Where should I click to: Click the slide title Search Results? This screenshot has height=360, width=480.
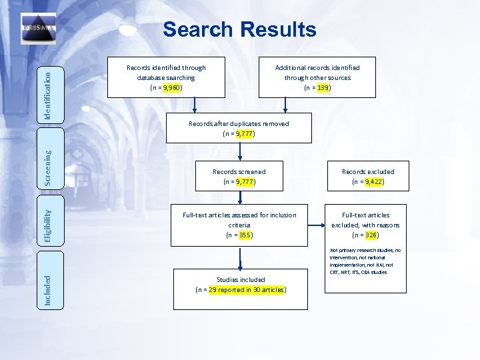click(239, 29)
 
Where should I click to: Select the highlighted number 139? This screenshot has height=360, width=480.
click(323, 87)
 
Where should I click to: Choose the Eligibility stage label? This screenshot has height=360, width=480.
click(47, 224)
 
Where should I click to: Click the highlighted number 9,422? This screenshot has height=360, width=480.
click(373, 181)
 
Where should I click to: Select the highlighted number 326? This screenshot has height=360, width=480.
click(371, 235)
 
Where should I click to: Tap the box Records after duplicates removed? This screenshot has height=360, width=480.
click(239, 128)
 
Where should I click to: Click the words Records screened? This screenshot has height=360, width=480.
click(239, 171)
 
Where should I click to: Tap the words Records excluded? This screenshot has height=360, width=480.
click(368, 171)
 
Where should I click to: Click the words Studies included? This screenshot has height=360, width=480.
click(241, 279)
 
